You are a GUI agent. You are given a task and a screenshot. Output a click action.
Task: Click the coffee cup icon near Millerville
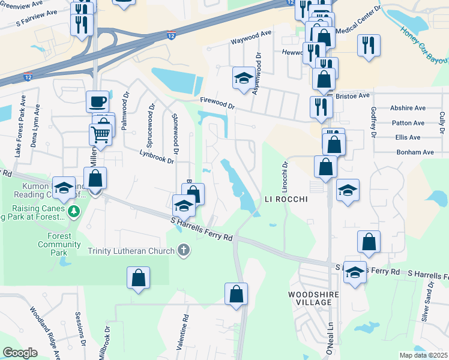[x=97, y=101]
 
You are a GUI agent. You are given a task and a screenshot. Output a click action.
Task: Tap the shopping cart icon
[x=100, y=134]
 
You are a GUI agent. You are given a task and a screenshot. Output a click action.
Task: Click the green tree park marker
[x=74, y=211]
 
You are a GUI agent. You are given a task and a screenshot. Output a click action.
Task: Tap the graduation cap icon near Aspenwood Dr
[x=244, y=78]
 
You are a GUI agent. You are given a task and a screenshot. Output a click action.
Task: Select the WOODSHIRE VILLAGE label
[x=310, y=298]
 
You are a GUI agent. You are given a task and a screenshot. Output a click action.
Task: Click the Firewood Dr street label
[x=217, y=104]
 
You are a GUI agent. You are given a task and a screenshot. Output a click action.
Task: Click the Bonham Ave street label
[x=415, y=152]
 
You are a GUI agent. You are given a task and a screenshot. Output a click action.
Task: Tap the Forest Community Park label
[x=59, y=244]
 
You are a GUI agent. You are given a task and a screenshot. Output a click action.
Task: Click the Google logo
[x=20, y=353]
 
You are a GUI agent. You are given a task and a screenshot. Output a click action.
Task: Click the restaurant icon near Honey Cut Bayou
[x=369, y=45]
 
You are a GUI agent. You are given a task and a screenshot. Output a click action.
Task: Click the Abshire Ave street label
[x=408, y=108]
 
